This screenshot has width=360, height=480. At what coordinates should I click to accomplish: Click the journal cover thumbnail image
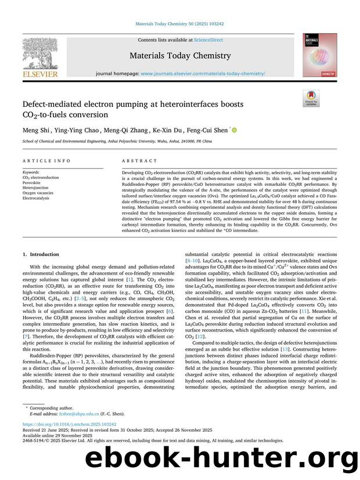point(319,55)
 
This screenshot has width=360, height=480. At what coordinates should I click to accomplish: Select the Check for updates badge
point(311,98)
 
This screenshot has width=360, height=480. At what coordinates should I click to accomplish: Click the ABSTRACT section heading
point(136,160)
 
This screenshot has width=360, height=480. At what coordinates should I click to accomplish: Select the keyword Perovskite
point(32,182)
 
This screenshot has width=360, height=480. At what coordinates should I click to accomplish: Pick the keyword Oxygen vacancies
point(38,193)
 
